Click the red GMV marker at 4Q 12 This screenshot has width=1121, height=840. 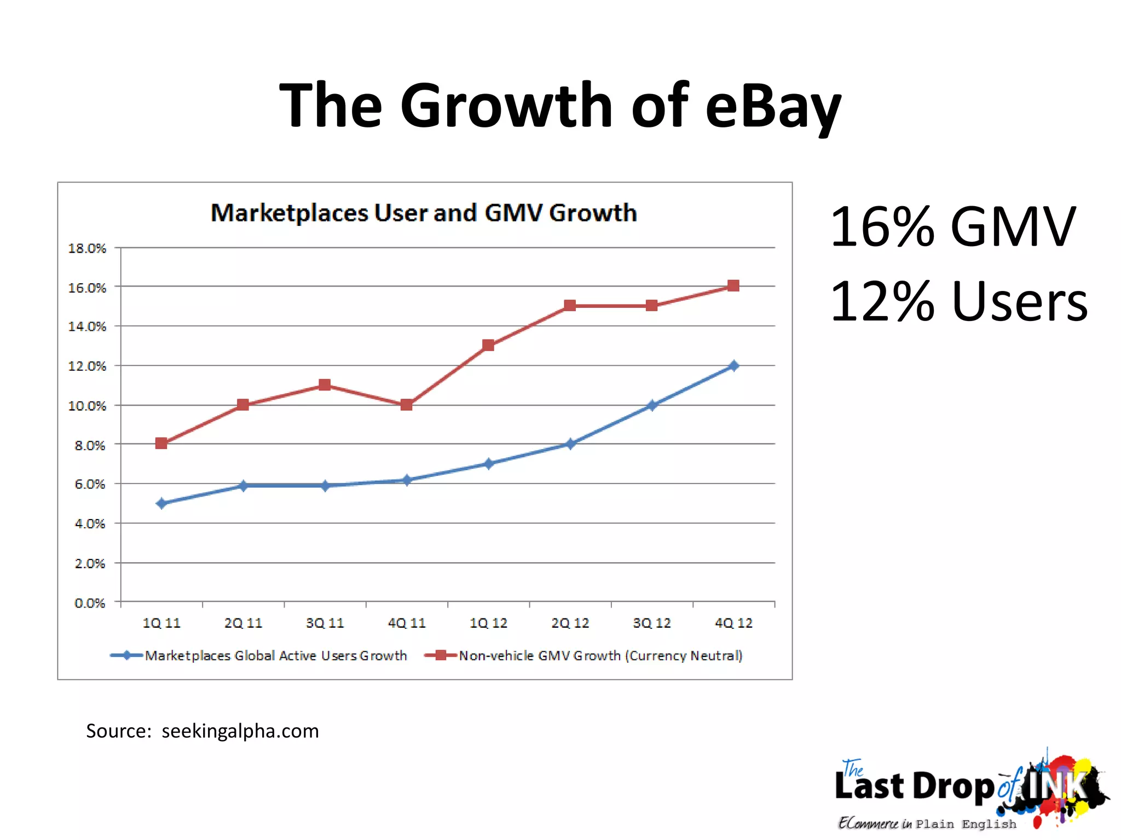pos(733,286)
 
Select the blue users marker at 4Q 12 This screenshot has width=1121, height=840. pos(733,366)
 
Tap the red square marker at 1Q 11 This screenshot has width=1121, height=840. pos(161,443)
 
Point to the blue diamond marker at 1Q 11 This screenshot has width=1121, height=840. pos(161,503)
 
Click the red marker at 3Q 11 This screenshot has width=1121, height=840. pos(325,385)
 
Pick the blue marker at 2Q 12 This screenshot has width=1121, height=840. pos(570,444)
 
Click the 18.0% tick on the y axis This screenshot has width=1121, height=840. pos(86,248)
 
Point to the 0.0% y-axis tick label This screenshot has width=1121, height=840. pos(90,603)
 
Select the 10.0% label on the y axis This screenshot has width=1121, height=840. pos(86,406)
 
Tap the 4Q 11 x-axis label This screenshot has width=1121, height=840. pos(407,623)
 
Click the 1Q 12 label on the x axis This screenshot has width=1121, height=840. pos(488,623)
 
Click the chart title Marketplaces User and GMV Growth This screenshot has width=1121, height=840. pos(424,213)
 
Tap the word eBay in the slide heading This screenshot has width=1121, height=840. pos(773,105)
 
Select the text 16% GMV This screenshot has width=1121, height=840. pos(952,226)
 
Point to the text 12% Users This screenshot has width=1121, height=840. pos(958,301)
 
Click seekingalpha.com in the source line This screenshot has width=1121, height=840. pos(240,731)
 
